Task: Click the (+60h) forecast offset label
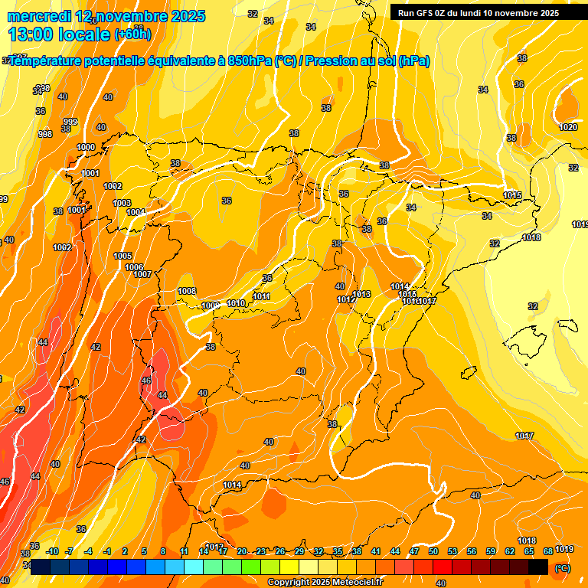coord(132,34)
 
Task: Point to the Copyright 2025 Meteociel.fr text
coord(325,583)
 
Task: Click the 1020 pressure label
coord(568,127)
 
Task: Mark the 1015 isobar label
coord(512,195)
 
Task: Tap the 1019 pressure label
coord(564,549)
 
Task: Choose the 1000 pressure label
coord(86,147)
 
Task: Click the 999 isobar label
coord(70,122)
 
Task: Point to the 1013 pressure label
coord(361,295)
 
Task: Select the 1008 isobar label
coord(187,291)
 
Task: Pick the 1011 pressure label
coord(261,296)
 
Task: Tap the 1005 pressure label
coord(122,256)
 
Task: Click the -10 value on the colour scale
coord(52,551)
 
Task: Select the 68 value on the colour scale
coord(548,551)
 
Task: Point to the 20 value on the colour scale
coord(242,551)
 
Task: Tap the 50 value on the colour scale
coord(433,551)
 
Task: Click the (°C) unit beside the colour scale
coord(563,567)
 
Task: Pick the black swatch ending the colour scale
coord(538,567)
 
